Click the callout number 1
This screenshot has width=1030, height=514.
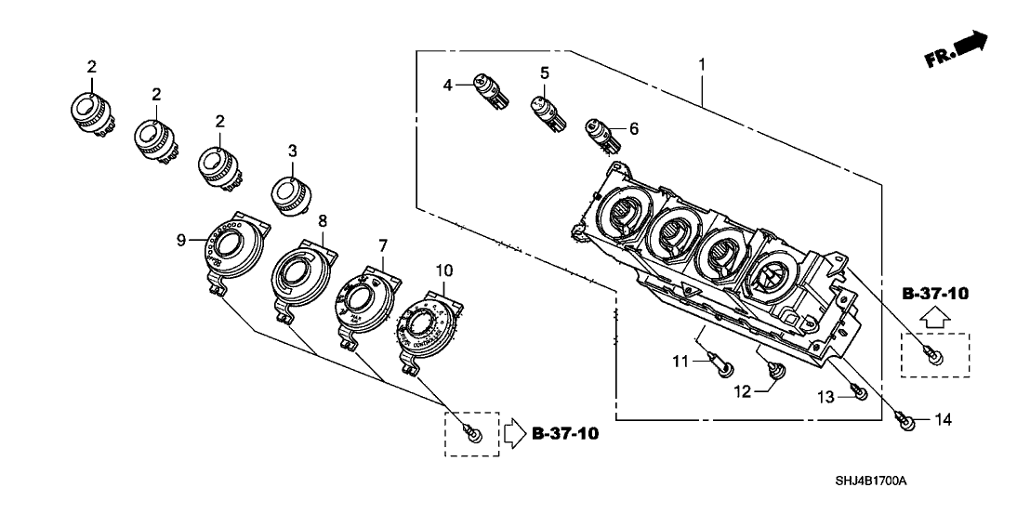point(702,65)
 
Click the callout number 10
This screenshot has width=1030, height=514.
point(443,270)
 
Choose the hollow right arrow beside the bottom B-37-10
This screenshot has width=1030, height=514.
point(515,433)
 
